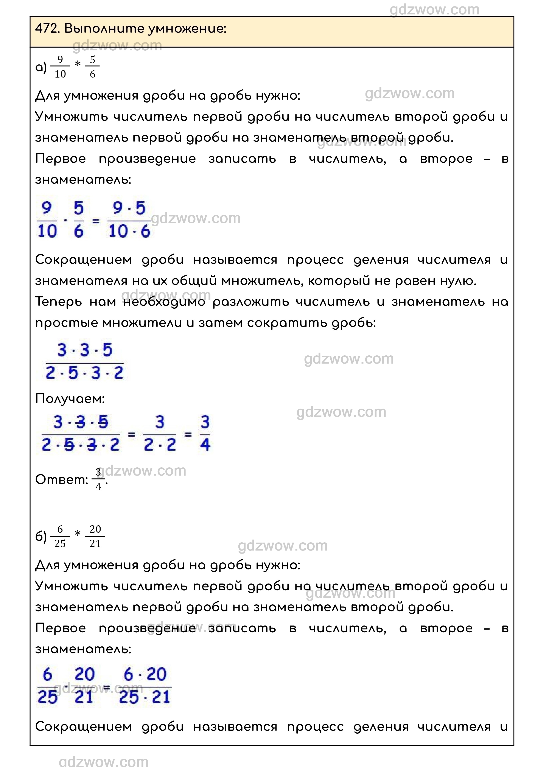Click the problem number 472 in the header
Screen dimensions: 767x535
pos(47,29)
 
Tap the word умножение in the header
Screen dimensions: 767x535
pos(187,29)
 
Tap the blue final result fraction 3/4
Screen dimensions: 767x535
pos(205,433)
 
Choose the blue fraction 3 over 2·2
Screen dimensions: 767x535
pos(160,433)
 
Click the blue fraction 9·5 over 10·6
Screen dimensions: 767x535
pos(129,220)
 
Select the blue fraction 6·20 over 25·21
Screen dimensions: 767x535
pos(145,686)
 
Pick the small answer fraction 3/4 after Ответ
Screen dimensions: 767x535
pos(98,480)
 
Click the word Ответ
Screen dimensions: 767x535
pos(61,480)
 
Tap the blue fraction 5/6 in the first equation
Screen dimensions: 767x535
pos(78,220)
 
